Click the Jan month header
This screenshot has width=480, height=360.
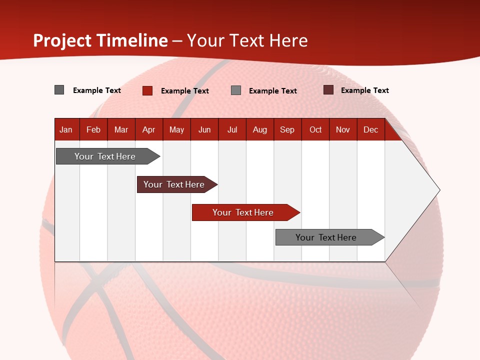(x=66, y=130)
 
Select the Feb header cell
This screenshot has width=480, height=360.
(x=93, y=130)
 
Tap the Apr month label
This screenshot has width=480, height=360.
(x=148, y=130)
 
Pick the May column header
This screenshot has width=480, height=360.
(x=176, y=130)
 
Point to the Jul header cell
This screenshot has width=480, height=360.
(x=232, y=130)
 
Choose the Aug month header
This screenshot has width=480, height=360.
(x=260, y=130)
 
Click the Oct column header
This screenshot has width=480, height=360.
(x=315, y=130)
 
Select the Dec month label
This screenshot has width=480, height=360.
(x=370, y=130)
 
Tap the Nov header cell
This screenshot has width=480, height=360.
(x=343, y=130)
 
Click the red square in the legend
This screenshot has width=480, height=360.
(x=147, y=90)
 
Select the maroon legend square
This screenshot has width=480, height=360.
(x=328, y=90)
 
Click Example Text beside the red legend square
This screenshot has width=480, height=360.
(x=185, y=91)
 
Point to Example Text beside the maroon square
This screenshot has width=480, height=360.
(x=365, y=90)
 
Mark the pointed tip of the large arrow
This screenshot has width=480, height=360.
(x=439, y=190)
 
